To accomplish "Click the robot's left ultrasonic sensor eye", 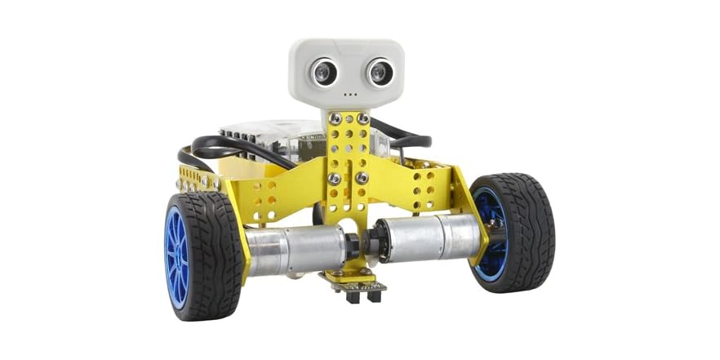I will pos(322,72).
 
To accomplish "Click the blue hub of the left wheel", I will pos(176,256).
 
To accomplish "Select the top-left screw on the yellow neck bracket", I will pos(334,119).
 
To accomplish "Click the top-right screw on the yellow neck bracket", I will pos(362,119).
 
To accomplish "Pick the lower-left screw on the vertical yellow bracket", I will pos(334,178).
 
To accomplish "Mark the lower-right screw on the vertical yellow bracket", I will pos(362,176).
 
